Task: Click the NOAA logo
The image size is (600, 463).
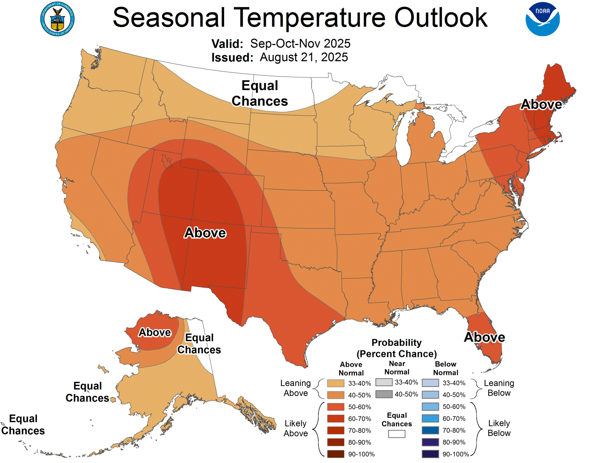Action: (x=542, y=19)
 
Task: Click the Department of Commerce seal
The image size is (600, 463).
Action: (x=57, y=19)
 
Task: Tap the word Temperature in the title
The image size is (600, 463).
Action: (x=309, y=18)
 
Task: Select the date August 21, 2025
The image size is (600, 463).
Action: (x=304, y=57)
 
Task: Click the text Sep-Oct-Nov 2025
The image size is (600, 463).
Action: (x=300, y=44)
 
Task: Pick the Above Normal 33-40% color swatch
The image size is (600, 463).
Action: (x=336, y=383)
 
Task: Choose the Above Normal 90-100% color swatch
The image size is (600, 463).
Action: (x=336, y=454)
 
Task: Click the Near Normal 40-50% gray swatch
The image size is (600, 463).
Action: (x=384, y=394)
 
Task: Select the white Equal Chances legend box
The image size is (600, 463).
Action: (x=397, y=434)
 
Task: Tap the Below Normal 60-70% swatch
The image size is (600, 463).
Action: (x=430, y=418)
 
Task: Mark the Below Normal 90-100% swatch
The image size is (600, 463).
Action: (x=430, y=454)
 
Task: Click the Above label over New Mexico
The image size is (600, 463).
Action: (x=205, y=233)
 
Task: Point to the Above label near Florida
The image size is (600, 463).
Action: (x=484, y=337)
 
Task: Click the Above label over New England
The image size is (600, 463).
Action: (x=541, y=105)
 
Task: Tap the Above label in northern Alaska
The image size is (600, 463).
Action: (x=155, y=332)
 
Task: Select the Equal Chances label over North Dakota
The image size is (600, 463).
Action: (x=260, y=93)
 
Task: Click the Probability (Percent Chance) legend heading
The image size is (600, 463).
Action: (x=397, y=348)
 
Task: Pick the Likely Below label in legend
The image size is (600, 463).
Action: (x=499, y=428)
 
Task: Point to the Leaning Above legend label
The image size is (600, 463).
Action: (x=296, y=388)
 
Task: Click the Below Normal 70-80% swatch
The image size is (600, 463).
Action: (x=430, y=430)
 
